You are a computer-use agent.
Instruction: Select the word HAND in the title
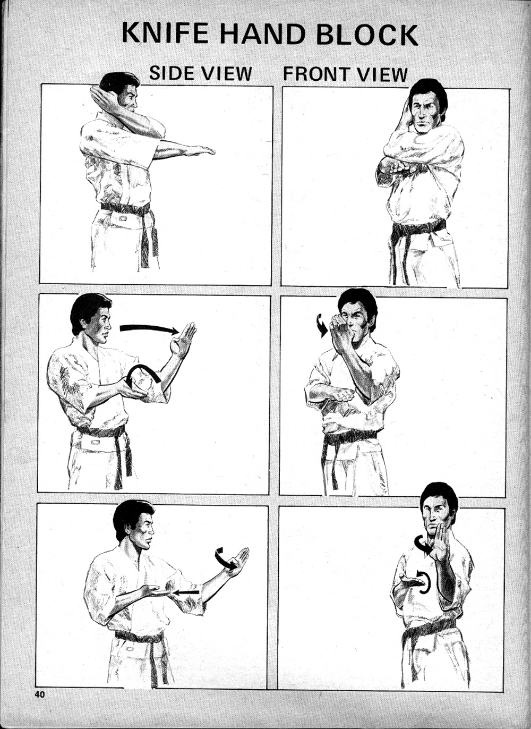click(x=262, y=34)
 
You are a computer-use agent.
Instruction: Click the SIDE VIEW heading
click(x=200, y=73)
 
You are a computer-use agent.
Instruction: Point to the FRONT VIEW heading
click(x=345, y=74)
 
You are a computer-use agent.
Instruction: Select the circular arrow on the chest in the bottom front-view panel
click(x=423, y=582)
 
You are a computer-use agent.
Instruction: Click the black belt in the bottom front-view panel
click(x=428, y=629)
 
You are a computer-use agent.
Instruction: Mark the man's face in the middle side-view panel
click(x=99, y=325)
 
